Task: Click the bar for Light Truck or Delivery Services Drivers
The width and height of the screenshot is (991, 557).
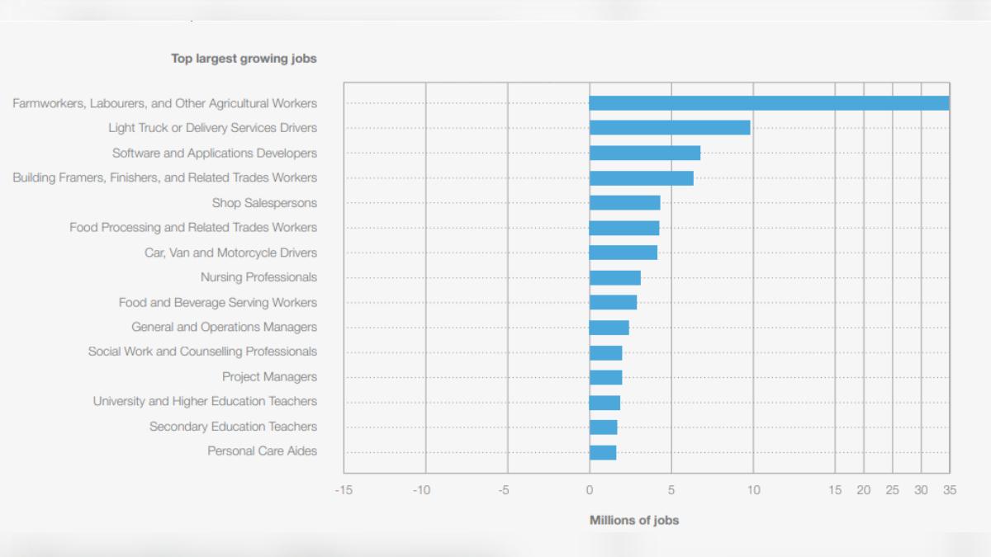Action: (x=670, y=128)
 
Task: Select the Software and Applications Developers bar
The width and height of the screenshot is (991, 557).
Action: (x=645, y=153)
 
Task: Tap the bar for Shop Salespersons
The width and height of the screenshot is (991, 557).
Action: (x=624, y=203)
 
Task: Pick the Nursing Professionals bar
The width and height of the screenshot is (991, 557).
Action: (x=615, y=277)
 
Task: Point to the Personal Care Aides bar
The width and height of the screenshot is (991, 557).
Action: (x=603, y=452)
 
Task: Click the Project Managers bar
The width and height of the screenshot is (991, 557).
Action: (x=605, y=378)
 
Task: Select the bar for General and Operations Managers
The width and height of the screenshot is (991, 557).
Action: (x=609, y=328)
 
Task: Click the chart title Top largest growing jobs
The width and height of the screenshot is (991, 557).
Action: (x=244, y=59)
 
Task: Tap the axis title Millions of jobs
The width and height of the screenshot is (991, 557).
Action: (x=634, y=521)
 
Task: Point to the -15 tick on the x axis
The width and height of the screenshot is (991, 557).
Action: (x=344, y=490)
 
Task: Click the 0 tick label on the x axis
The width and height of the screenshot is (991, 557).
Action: (x=590, y=490)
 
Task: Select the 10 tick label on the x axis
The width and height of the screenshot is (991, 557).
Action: (x=753, y=490)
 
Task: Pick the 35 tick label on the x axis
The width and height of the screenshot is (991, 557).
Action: (x=950, y=490)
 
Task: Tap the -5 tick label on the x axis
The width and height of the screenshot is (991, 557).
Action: (x=504, y=490)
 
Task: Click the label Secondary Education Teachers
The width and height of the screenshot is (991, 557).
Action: (x=233, y=427)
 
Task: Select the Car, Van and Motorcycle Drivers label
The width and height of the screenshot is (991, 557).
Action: (x=230, y=253)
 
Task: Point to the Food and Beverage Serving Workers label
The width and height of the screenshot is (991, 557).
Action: (x=218, y=303)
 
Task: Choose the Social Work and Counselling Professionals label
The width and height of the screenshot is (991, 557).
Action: (x=202, y=352)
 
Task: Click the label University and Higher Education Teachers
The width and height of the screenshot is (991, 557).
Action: (x=205, y=401)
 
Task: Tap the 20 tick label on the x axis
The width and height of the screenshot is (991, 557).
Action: (x=864, y=490)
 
